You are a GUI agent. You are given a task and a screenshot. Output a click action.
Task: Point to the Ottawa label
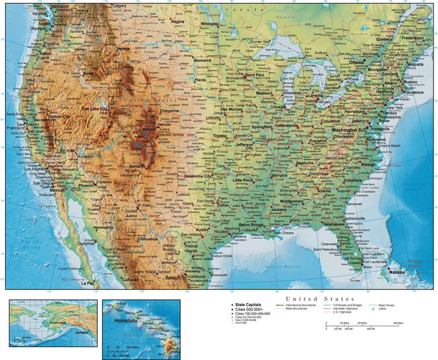pos(356,63)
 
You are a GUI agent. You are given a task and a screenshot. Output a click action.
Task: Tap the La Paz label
pos(87,282)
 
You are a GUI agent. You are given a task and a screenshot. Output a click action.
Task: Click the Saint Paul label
pos(254,74)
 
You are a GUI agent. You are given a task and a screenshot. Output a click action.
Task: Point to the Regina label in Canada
pos(177,22)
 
